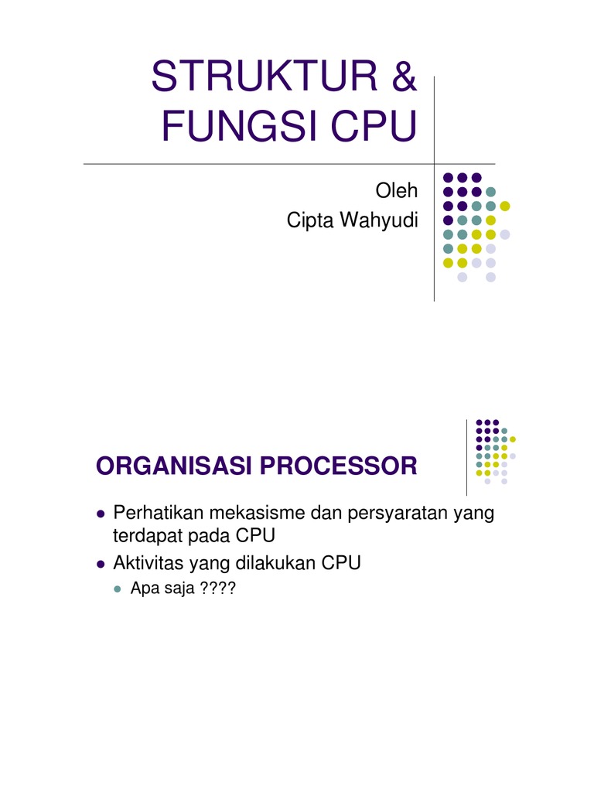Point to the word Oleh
click(396, 190)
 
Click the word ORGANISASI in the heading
click(173, 466)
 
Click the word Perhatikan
click(156, 513)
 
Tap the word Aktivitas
click(143, 564)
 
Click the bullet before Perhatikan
click(101, 514)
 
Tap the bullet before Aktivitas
click(101, 565)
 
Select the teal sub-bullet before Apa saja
click(118, 590)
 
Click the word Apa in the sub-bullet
click(144, 590)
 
